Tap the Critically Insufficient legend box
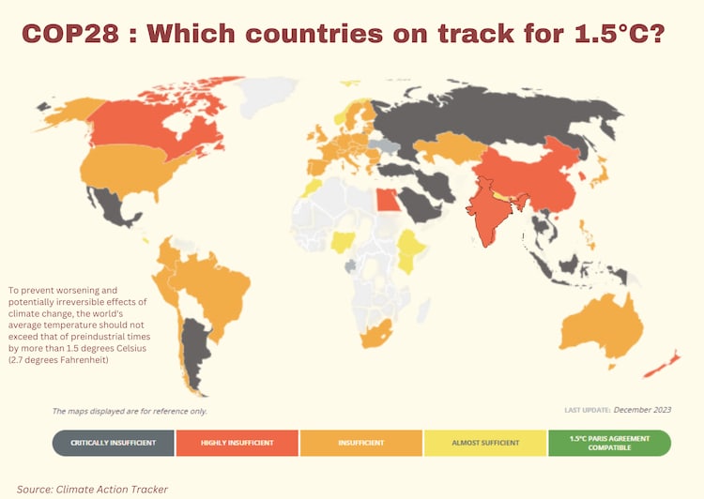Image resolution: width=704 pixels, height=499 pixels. [114, 443]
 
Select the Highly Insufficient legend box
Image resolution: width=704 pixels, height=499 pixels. [237, 443]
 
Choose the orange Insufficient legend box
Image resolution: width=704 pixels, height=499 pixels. [361, 443]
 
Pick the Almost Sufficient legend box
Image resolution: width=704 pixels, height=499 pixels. [484, 443]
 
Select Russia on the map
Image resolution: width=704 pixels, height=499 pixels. [497, 113]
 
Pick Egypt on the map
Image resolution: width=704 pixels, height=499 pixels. [386, 200]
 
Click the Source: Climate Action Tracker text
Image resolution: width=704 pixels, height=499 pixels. [92, 489]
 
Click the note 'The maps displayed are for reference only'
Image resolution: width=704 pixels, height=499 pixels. [130, 411]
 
